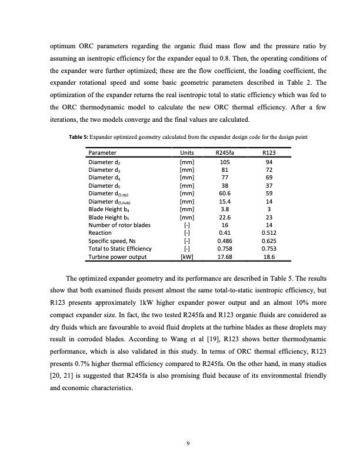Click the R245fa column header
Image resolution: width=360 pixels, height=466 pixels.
point(224,153)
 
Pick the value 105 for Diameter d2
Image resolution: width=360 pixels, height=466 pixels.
point(224,162)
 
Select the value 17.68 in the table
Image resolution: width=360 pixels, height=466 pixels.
point(224,257)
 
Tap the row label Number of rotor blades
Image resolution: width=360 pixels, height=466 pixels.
point(119,225)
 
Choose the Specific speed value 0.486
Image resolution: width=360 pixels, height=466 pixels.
point(224,241)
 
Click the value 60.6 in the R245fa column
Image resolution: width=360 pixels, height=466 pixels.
point(224,194)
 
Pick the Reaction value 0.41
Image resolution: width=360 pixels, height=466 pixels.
point(224,233)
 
